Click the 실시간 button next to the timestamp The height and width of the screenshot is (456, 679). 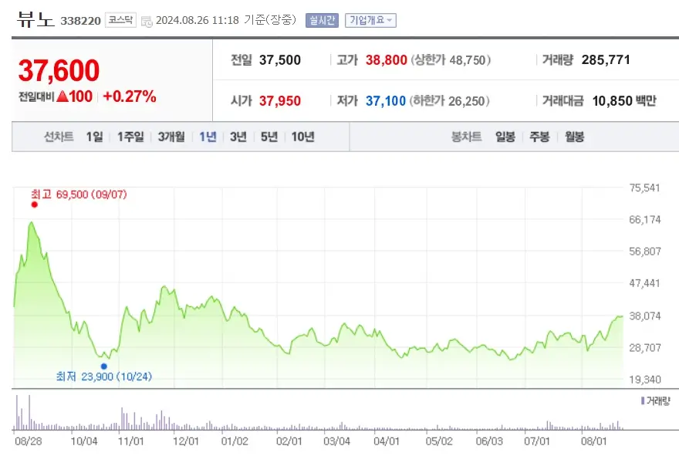pos(321,20)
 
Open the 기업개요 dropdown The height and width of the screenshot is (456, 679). pos(370,20)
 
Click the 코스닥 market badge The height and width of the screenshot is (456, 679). pos(120,20)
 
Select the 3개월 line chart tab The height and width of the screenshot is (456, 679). pos(171,137)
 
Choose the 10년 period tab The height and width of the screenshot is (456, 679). pos(302,137)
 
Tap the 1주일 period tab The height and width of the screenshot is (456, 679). pos(130,137)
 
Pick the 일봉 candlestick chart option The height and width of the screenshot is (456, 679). pos(505,137)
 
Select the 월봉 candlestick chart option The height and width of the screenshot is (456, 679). pos(574,137)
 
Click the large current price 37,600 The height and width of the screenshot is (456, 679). pos(59,71)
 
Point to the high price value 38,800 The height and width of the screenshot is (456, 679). pos(387,59)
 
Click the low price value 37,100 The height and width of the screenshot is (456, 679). pos(386,101)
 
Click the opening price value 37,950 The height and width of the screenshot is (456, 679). pos(280,101)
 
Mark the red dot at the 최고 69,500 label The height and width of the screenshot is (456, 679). pos(35,204)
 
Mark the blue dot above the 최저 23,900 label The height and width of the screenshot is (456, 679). pos(103,366)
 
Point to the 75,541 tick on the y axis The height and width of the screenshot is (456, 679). pos(646,187)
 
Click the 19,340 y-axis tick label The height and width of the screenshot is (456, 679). pos(646,380)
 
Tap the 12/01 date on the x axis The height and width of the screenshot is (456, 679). pos(185,441)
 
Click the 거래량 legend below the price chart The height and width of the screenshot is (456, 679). pos(656,401)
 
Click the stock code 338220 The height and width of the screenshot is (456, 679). pos(80,21)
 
